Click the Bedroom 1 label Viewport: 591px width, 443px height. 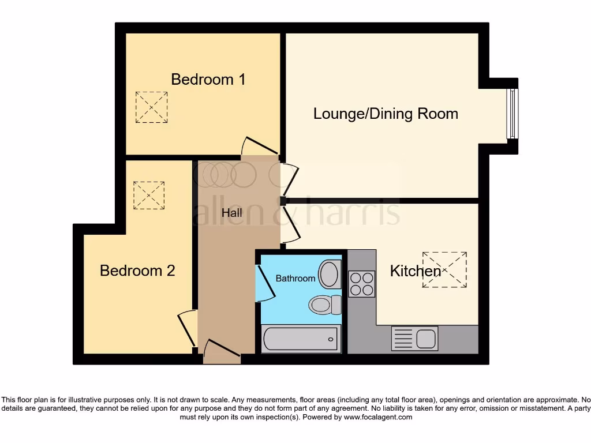208,79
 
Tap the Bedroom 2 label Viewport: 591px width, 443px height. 137,270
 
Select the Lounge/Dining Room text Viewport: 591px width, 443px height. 386,113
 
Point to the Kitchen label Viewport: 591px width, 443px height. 415,271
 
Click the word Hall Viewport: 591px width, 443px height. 231,212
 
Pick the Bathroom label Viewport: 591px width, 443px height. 295,278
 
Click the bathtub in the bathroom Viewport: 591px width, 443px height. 300,339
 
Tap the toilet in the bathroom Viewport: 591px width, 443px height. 325,304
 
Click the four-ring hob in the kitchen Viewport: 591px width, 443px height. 362,284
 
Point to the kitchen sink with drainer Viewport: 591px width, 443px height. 414,338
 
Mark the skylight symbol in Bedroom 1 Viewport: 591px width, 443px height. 152,107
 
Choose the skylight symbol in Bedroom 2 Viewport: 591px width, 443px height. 149,195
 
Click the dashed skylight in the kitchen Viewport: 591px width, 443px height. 444,269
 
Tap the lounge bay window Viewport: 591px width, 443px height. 511,113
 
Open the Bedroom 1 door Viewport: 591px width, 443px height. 260,147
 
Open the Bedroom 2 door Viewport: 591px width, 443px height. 186,327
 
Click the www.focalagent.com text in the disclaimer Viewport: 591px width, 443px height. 378,417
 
